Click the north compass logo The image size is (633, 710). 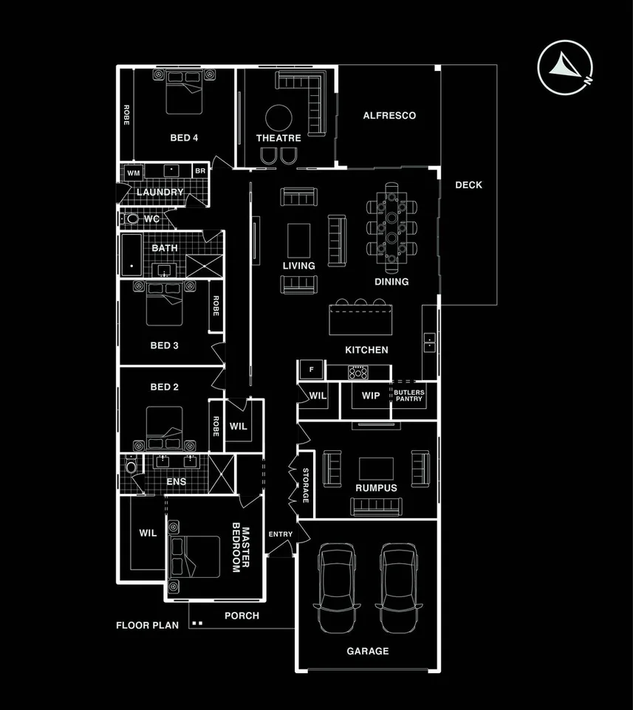click(x=565, y=68)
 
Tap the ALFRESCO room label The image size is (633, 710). click(x=389, y=116)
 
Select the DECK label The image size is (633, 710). click(x=468, y=185)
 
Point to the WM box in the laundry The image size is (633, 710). click(x=133, y=172)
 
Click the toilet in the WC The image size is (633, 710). click(x=133, y=219)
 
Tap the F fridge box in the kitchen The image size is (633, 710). click(x=311, y=369)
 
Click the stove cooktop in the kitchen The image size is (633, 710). click(x=358, y=371)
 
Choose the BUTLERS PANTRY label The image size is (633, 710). click(x=408, y=396)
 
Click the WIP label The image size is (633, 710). click(x=370, y=396)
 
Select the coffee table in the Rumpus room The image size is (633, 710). click(x=377, y=469)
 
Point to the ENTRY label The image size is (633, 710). click(x=281, y=534)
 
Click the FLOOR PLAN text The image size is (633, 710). click(x=147, y=625)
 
